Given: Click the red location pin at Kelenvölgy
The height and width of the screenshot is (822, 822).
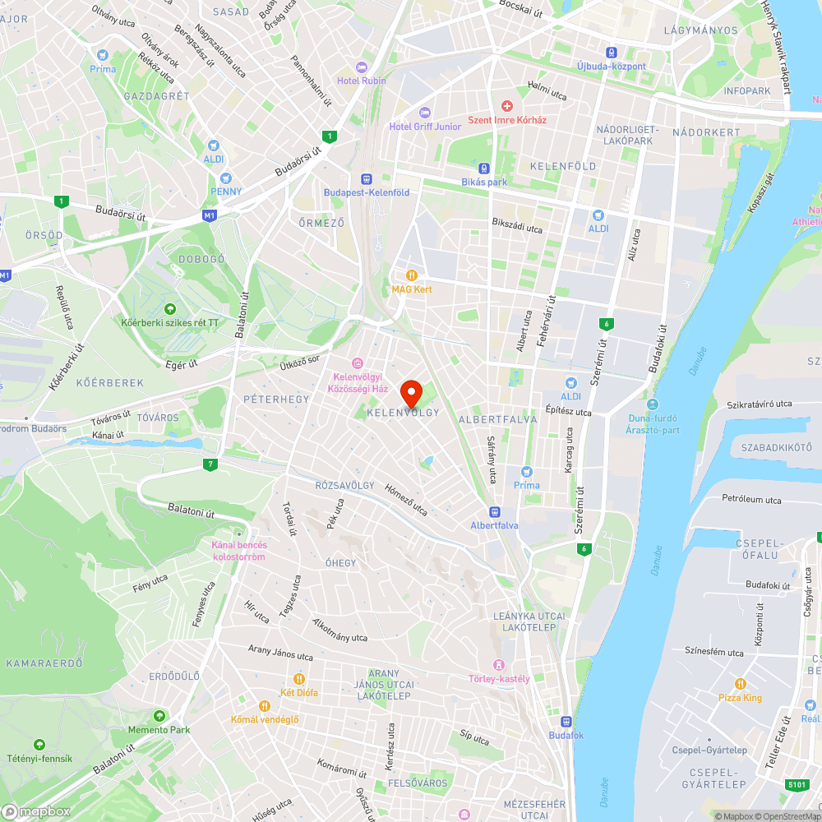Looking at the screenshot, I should (411, 393).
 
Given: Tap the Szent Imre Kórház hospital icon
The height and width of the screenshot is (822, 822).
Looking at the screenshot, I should (506, 106).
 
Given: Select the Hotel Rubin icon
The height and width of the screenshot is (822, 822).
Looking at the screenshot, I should (360, 67).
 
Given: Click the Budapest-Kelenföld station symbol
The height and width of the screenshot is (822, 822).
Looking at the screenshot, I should (367, 178).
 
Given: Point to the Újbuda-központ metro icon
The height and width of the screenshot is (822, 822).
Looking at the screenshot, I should (611, 52).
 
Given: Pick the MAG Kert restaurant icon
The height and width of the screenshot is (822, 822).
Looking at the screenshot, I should (411, 275).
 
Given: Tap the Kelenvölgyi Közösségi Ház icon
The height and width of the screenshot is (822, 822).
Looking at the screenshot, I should (357, 363).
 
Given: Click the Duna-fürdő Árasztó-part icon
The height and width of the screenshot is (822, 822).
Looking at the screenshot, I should (652, 405).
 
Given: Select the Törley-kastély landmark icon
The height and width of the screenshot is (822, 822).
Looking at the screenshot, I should (498, 664).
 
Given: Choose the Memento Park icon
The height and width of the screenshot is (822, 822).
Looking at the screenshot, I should (159, 716).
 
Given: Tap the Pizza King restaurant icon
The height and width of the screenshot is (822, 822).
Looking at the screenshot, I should (741, 684).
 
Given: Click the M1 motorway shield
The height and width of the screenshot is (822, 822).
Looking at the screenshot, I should (210, 215).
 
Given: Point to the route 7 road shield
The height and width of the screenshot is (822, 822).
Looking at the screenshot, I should (211, 465).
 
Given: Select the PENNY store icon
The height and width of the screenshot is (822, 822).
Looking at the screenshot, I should (226, 178).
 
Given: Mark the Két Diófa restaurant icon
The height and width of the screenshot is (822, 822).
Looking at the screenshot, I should (299, 679).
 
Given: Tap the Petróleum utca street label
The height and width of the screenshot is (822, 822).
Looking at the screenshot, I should (751, 499).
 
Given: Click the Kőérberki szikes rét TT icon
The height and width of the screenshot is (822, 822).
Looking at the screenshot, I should (170, 308).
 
